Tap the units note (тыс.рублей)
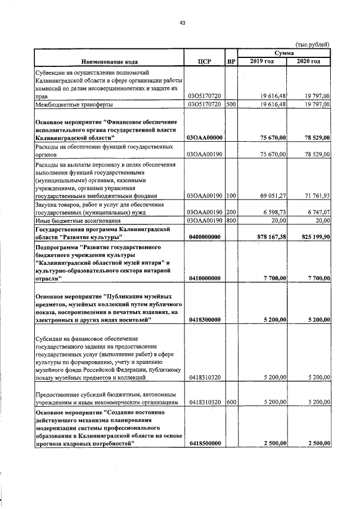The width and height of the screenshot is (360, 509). pos(312,44)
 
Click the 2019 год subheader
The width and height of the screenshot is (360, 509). pos(262,61)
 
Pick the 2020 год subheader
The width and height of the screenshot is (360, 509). pos(308,61)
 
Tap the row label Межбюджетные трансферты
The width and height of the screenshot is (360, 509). pos(74,104)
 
